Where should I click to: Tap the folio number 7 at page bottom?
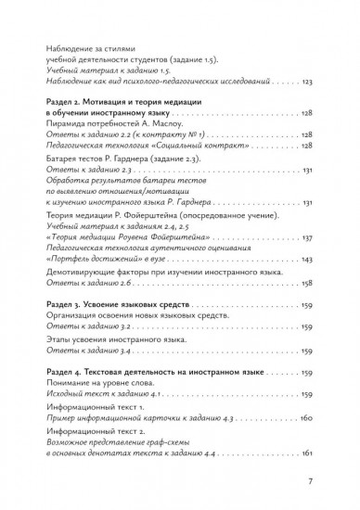coord(311,482)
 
